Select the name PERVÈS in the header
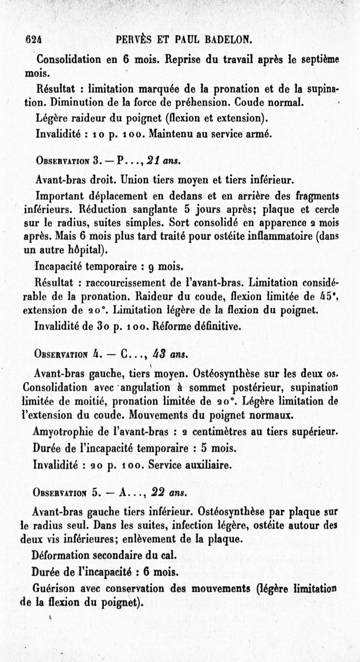coord(137,40)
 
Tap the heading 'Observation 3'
coord(67,161)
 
